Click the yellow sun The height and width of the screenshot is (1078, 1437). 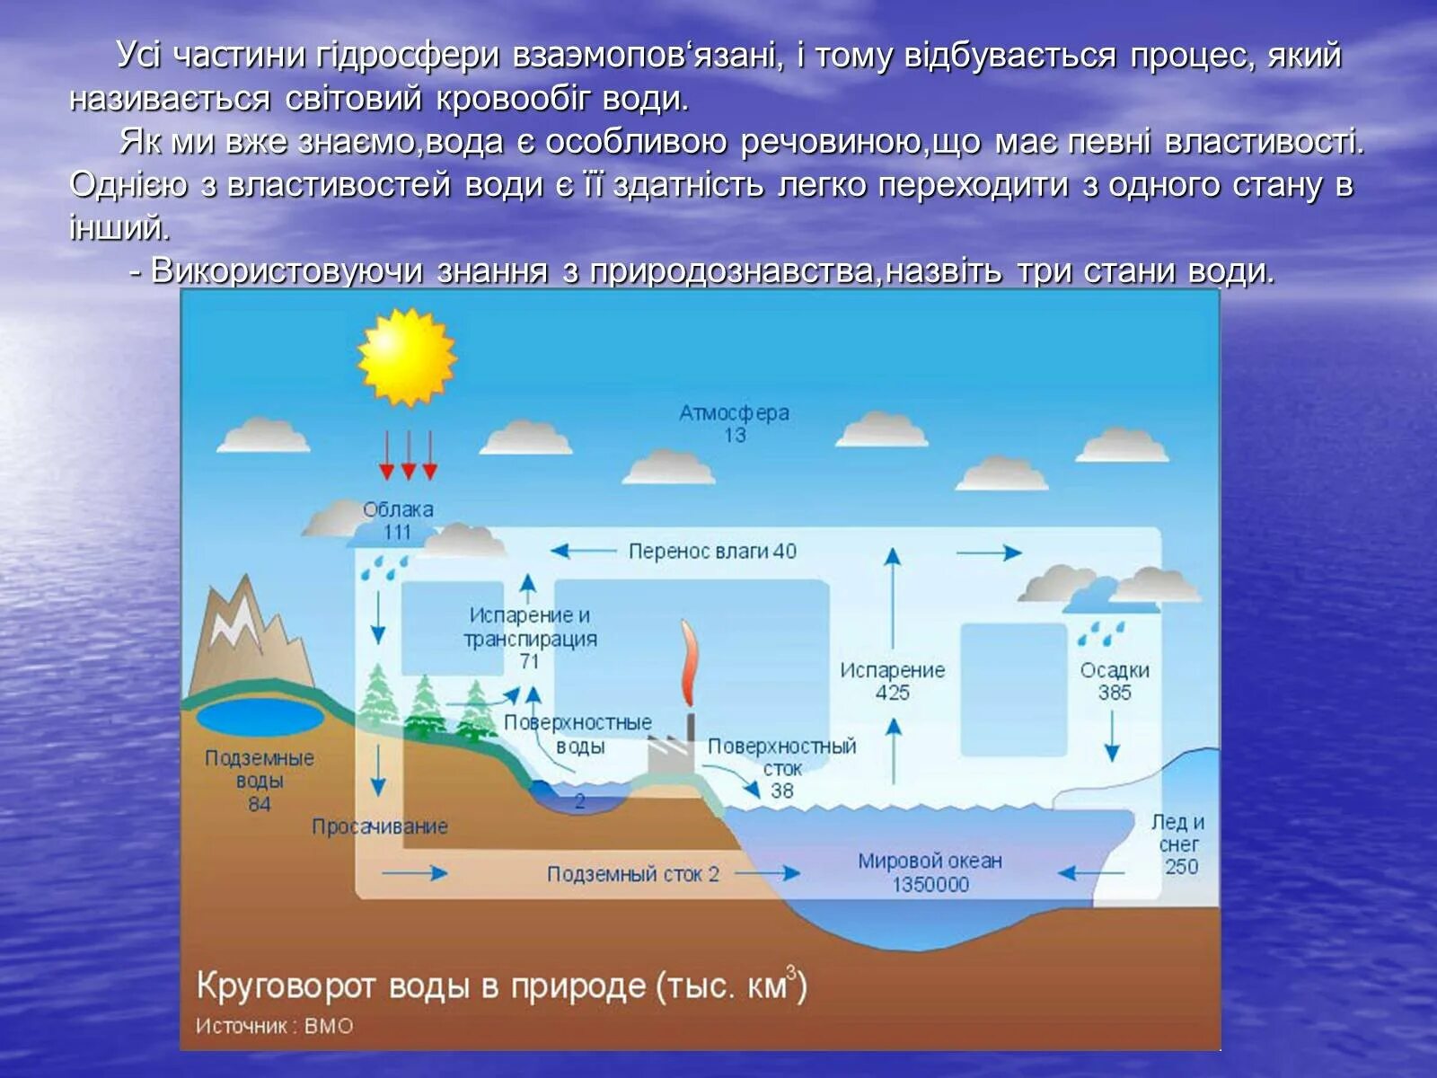coord(407,357)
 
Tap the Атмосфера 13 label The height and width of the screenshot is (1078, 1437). coord(734,423)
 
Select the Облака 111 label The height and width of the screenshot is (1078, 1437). coord(397,520)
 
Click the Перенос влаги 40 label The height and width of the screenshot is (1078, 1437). coord(712,551)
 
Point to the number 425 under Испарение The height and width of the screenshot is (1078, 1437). coord(892,693)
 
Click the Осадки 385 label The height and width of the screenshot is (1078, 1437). coord(1114,681)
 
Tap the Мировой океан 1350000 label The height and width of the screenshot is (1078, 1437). coord(930,872)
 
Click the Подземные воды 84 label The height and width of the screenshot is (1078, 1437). coord(260,780)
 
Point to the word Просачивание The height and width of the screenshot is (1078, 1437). coord(379,826)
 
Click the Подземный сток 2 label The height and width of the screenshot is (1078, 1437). coord(633,874)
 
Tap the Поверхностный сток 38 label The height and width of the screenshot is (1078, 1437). coord(781,768)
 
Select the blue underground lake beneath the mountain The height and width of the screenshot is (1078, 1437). coord(260,719)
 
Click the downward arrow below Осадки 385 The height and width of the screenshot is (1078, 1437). coord(1112,741)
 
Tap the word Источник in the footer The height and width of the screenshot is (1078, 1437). coord(241,1026)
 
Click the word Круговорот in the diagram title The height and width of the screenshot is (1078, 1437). coord(285,986)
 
